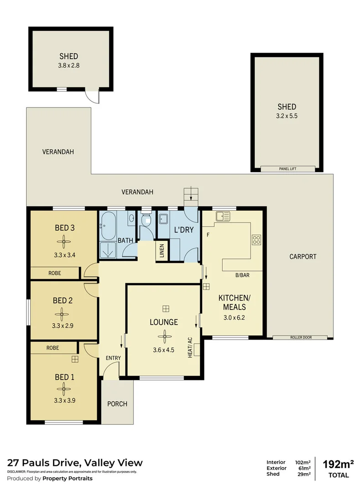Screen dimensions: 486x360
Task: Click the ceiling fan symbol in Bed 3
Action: point(64,241)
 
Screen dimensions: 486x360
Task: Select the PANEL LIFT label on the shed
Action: point(287,169)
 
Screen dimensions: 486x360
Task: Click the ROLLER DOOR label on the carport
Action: point(300,338)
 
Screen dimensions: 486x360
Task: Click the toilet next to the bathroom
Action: point(146,221)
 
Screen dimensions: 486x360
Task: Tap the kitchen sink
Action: point(223,216)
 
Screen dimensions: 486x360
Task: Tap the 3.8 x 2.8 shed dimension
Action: point(69,65)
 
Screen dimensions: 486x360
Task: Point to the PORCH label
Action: point(117,404)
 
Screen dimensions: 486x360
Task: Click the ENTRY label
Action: point(113,358)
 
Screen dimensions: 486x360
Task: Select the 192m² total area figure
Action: point(338,465)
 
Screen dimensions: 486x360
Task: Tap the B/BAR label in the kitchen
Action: point(242,275)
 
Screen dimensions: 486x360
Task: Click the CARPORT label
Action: point(303,257)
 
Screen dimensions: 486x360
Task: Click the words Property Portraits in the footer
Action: point(68,478)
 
